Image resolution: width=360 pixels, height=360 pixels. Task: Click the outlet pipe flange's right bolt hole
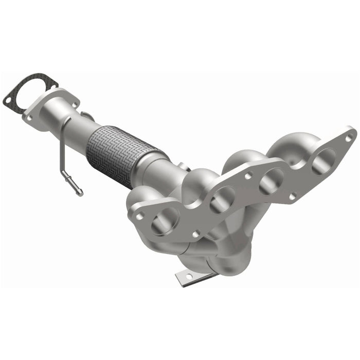[x=74, y=105]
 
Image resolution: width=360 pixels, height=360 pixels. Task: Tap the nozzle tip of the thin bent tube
[x=79, y=193]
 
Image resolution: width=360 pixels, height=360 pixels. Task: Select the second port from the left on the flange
[x=222, y=197]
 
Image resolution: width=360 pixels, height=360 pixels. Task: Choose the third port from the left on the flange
[x=271, y=179]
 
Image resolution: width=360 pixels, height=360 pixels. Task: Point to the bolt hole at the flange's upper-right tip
[x=349, y=137]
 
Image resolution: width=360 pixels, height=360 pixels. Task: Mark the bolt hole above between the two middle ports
[x=248, y=176]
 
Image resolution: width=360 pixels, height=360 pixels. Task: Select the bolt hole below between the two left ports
[x=195, y=233]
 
